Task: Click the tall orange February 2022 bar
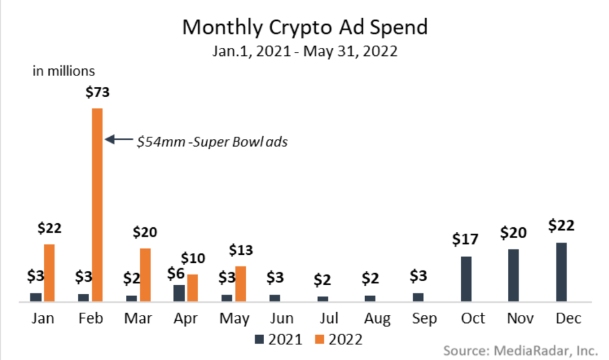(x=97, y=204)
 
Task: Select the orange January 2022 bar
(x=49, y=272)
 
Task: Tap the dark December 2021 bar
(x=560, y=272)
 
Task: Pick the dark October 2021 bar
(x=466, y=278)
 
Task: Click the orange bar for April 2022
(x=193, y=288)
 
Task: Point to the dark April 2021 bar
(x=179, y=293)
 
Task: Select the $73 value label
(x=97, y=93)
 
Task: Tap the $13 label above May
(x=241, y=250)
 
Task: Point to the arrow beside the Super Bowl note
(x=119, y=140)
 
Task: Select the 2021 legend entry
(x=279, y=339)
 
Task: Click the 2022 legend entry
(x=338, y=339)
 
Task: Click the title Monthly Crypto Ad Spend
(x=304, y=28)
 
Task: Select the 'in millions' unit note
(x=64, y=70)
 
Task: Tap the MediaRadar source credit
(x=521, y=351)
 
